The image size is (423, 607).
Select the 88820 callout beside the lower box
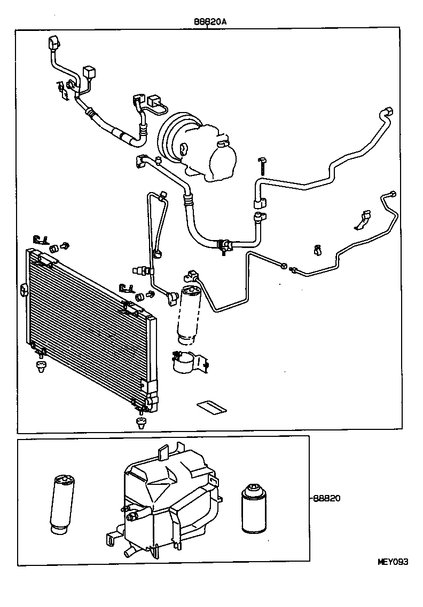pyautogui.click(x=327, y=498)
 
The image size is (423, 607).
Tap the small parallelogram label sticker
pyautogui.click(x=211, y=408)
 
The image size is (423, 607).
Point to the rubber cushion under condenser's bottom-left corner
pyautogui.click(x=40, y=366)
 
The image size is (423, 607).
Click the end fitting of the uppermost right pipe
pyautogui.click(x=388, y=112)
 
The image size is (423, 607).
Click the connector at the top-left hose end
pyautogui.click(x=54, y=42)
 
